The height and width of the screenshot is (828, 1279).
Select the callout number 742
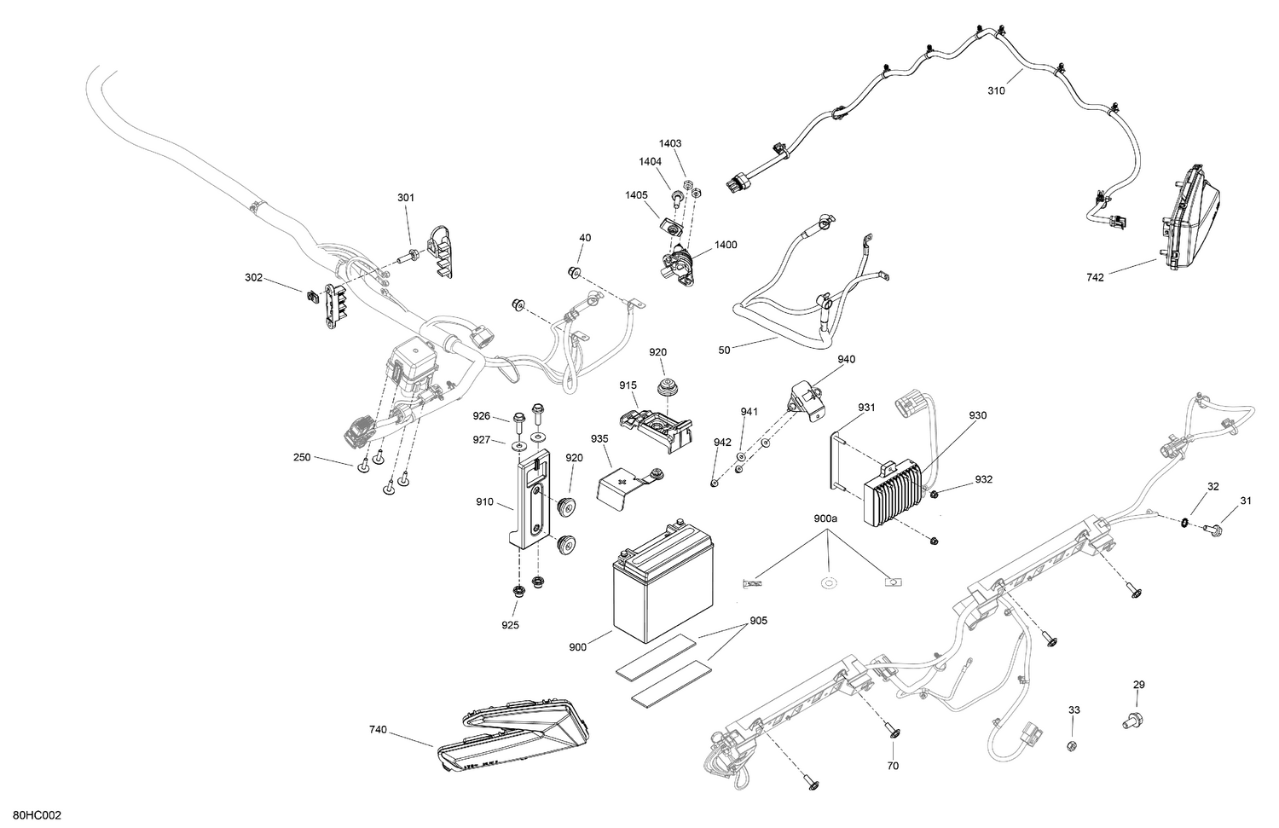1095,277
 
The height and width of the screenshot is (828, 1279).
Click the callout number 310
996,90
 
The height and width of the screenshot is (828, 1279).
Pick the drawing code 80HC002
37,816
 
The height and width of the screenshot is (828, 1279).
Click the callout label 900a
825,518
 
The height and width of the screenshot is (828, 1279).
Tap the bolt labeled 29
1129,721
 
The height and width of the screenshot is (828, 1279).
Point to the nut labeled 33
1072,747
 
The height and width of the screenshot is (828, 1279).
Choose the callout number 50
725,348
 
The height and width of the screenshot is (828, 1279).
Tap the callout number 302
253,278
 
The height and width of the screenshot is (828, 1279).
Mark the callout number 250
301,458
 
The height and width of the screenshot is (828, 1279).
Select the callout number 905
758,621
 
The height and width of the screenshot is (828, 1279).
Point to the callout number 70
893,766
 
